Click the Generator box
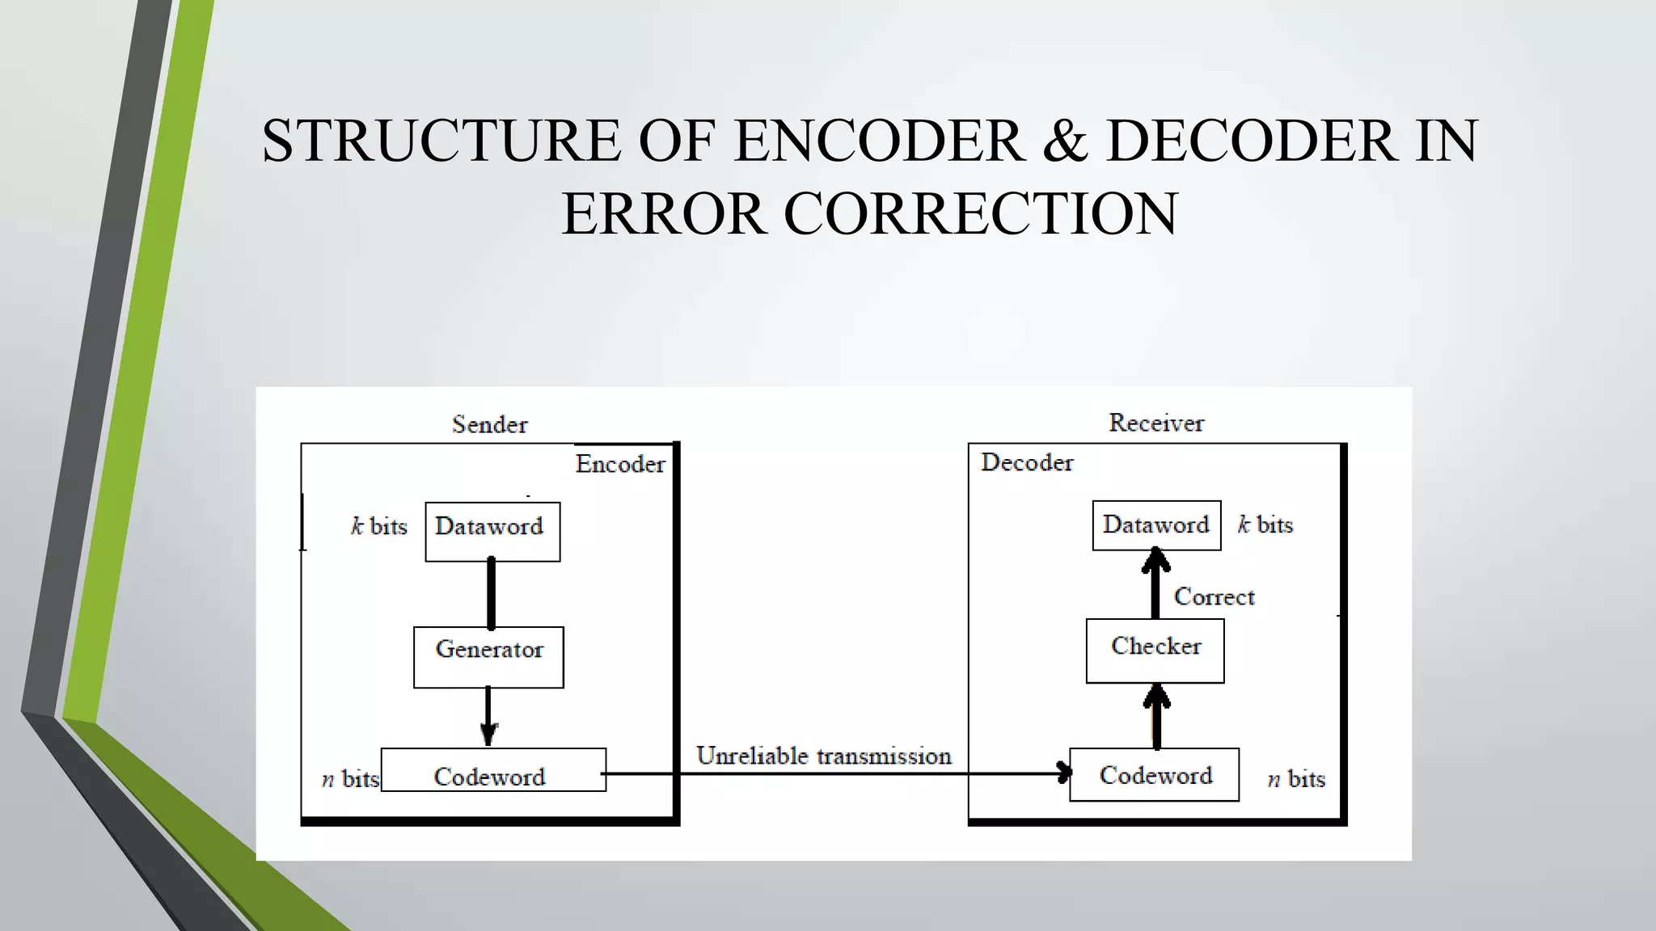[x=488, y=657]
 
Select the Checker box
[x=1155, y=651]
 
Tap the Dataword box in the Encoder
[x=492, y=531]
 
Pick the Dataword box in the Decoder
[x=1156, y=525]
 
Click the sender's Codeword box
[x=493, y=770]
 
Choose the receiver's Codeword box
[x=1154, y=774]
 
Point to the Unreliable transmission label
[x=824, y=756]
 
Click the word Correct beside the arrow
[x=1214, y=596]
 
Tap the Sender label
[x=489, y=424]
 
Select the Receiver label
[x=1155, y=423]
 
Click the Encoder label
[x=619, y=464]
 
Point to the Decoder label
[x=1027, y=462]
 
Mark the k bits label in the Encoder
[x=378, y=526]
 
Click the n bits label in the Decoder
[x=1295, y=779]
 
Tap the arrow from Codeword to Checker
[x=1156, y=716]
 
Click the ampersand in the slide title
[x=1065, y=141]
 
